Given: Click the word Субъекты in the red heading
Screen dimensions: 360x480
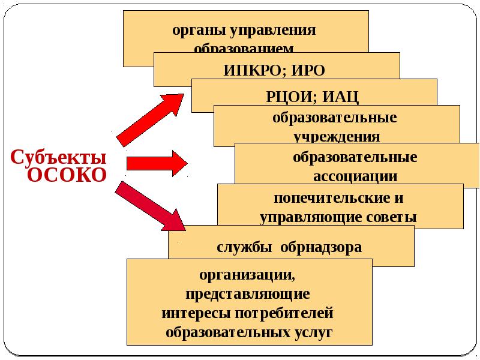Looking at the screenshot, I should click(59, 157).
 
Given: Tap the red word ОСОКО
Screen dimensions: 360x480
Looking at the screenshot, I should click(67, 175).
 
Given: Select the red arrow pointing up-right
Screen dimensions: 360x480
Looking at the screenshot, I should click(151, 119).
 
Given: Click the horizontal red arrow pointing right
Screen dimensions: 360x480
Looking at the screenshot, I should click(157, 163).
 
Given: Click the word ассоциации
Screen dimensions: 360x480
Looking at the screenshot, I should click(355, 176).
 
